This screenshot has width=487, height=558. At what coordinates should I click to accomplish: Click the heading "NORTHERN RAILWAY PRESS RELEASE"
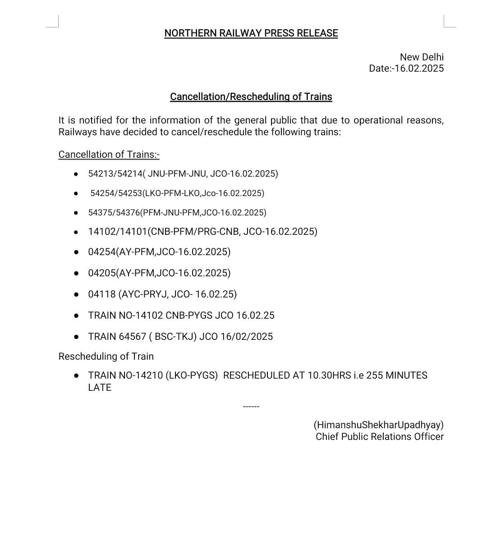click(251, 33)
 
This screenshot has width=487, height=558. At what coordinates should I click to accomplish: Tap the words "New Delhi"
click(422, 57)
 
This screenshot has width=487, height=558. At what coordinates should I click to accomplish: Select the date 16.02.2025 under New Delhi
click(419, 69)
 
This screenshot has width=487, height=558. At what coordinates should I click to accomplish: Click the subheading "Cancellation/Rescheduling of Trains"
click(251, 97)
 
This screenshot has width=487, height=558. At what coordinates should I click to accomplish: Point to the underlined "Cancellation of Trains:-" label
click(109, 155)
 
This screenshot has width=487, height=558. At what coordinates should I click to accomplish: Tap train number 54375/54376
click(114, 213)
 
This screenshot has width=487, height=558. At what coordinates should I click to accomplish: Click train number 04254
click(102, 252)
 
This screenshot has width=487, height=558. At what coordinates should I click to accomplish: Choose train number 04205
click(102, 273)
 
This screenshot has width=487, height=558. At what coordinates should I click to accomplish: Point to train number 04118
click(101, 294)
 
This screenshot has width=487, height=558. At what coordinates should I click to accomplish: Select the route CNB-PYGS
click(189, 316)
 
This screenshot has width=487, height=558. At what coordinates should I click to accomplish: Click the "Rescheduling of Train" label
click(106, 357)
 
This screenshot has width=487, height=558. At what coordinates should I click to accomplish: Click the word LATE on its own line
click(100, 388)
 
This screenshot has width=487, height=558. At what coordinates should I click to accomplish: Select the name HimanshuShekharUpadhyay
click(379, 425)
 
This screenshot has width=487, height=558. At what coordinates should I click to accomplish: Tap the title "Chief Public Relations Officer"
click(380, 437)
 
